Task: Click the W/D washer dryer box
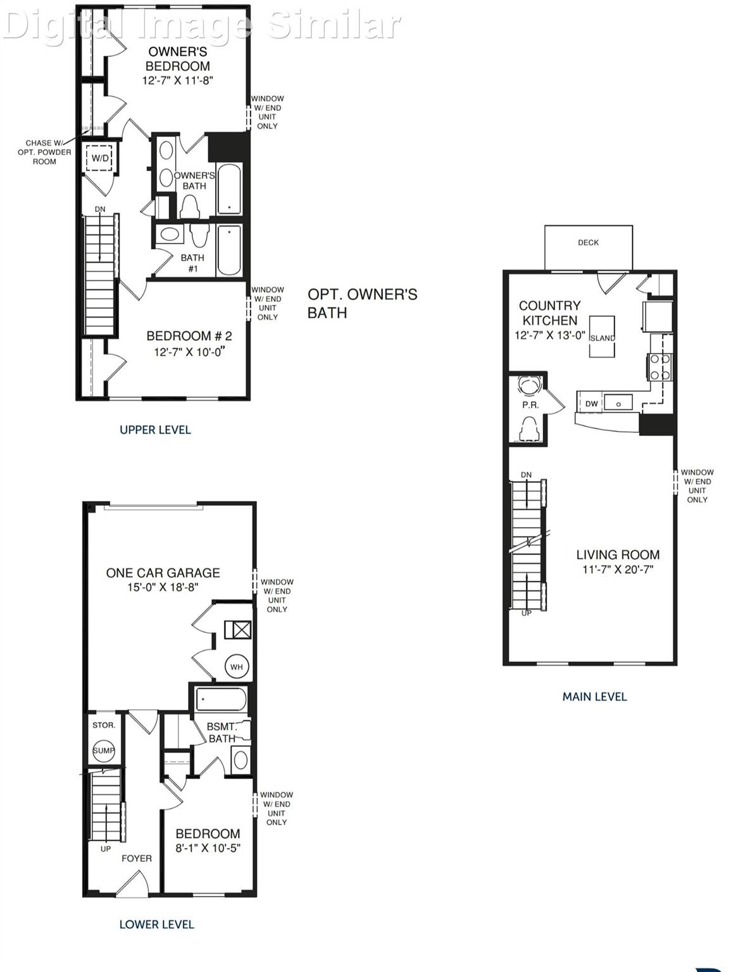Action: [100, 158]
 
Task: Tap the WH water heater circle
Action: [236, 666]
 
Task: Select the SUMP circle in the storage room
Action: [104, 751]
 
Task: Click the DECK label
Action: [588, 242]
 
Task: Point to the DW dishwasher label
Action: [591, 404]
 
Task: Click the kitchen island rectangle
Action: [602, 337]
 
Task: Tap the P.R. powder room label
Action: [530, 405]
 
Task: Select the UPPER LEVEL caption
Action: [155, 430]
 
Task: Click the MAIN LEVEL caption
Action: [594, 697]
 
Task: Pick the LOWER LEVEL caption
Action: [156, 925]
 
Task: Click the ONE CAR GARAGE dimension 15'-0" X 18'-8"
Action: [163, 587]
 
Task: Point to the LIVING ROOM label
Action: [617, 555]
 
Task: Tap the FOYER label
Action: [137, 858]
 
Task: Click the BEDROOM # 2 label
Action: [189, 336]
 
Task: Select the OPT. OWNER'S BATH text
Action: [362, 303]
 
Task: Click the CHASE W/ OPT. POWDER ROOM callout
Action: [44, 152]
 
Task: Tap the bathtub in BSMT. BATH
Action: [220, 701]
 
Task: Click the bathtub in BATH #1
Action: [229, 250]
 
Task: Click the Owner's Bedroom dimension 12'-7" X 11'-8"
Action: [178, 80]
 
